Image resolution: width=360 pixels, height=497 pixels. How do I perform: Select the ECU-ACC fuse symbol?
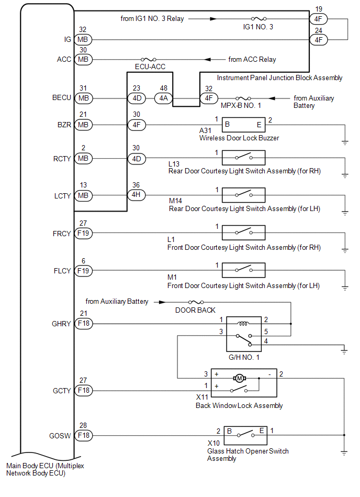147,59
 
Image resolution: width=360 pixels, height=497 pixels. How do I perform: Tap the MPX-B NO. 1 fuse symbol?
242,98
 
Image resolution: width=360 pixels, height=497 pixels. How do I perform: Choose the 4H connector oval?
137,195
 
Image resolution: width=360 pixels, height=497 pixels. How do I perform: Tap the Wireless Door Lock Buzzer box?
243,125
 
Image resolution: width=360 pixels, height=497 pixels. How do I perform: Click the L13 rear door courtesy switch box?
243,158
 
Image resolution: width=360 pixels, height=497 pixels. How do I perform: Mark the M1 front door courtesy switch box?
243,270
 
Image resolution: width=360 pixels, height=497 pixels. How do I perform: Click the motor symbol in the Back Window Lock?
240,378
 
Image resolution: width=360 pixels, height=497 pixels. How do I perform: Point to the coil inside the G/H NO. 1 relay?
243,323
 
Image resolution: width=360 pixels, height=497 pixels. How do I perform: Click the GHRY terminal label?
62,324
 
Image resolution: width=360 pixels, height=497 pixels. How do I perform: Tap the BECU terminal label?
62,98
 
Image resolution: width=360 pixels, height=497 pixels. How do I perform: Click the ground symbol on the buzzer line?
345,141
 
